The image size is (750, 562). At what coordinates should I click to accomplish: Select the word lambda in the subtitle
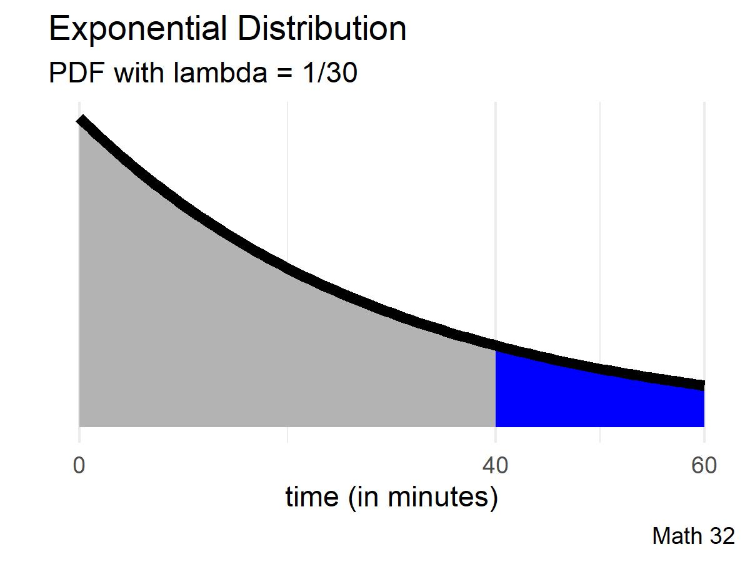(x=222, y=74)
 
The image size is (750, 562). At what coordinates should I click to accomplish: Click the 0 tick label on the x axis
(x=79, y=465)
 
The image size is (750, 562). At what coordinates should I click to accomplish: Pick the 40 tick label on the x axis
(x=496, y=465)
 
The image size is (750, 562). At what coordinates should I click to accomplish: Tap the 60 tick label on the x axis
(x=704, y=465)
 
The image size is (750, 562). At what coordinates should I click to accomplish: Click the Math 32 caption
(x=693, y=535)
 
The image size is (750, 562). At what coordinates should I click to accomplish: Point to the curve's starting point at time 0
(x=80, y=120)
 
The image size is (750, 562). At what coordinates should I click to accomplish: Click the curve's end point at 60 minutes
(x=704, y=385)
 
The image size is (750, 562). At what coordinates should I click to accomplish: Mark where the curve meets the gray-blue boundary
(x=496, y=345)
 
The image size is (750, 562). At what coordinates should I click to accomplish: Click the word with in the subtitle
(x=138, y=74)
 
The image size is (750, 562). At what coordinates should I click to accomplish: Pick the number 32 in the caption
(x=722, y=535)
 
